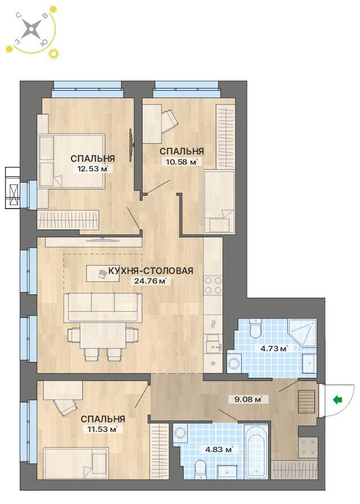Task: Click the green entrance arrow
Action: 337,400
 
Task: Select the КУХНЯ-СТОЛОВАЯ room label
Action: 151,271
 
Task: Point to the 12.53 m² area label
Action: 92,169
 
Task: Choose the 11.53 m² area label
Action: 101,429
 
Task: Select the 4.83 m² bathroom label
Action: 219,449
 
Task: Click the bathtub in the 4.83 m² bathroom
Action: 256,450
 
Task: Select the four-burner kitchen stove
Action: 213,285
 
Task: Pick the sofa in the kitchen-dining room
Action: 103,307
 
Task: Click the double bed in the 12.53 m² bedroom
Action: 72,161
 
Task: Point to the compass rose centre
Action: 31,29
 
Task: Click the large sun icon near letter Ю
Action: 54,54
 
